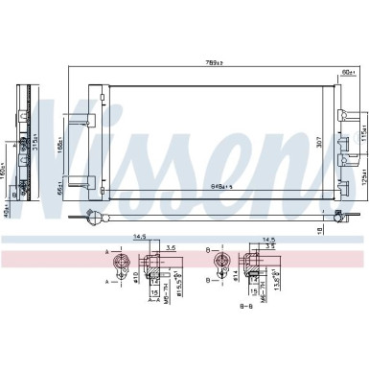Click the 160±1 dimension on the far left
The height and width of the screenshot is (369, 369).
(4, 176)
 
